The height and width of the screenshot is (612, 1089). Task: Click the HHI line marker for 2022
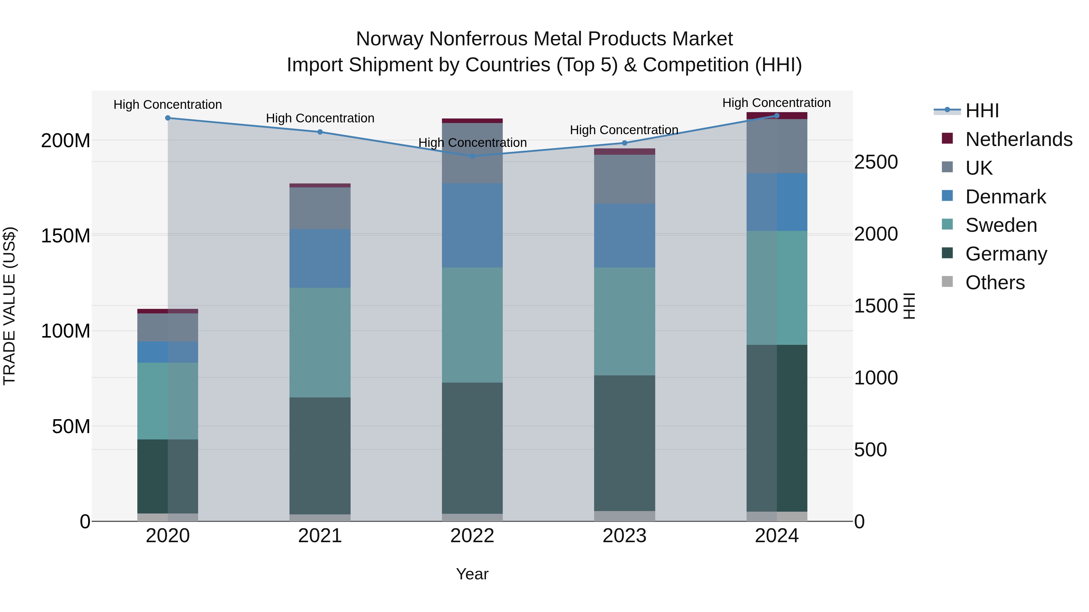[x=472, y=156]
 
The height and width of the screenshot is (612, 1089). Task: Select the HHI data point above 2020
[x=168, y=118]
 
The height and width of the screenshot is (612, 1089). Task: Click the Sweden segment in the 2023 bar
[x=624, y=321]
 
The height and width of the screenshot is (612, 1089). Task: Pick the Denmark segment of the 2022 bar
[x=472, y=225]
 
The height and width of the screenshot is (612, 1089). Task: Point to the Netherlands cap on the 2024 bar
[x=777, y=115]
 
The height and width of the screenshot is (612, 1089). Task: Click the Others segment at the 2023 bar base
[x=624, y=516]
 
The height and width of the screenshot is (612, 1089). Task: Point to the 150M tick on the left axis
[x=66, y=235]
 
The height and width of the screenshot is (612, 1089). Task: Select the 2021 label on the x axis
[x=320, y=536]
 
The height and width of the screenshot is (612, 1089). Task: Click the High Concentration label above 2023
[x=624, y=130]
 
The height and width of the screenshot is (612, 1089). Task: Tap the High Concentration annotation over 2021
[x=320, y=118]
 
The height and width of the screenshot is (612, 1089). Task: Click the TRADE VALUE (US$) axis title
[x=9, y=306]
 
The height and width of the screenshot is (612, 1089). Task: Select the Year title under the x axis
[x=472, y=574]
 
